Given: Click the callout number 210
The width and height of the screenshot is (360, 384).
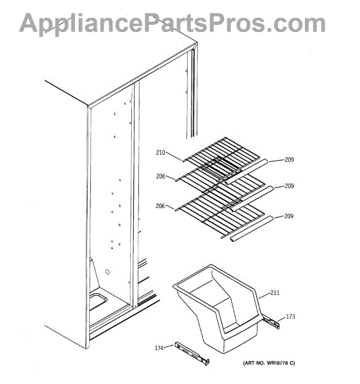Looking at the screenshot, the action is [x=161, y=152].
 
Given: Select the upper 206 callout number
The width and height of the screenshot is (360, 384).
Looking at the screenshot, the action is [x=161, y=176].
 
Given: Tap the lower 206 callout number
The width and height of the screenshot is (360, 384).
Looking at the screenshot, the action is [x=160, y=206].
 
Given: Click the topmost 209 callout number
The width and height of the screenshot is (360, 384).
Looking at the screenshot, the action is [x=289, y=159].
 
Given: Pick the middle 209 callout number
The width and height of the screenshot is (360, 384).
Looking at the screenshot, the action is [x=289, y=186].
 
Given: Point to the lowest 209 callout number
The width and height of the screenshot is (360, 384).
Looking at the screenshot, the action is [x=289, y=216].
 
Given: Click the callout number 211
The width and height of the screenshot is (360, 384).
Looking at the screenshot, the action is [x=275, y=292].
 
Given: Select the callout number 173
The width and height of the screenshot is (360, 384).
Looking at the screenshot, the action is [x=290, y=317].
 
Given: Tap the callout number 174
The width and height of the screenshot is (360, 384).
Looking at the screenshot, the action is [x=159, y=348].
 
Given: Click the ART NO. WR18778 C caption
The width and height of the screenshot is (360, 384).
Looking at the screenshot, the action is [x=269, y=363].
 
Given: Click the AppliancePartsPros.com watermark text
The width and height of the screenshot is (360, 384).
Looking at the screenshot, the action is [x=172, y=24].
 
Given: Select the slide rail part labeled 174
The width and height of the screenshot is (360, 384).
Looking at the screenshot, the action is [x=192, y=354].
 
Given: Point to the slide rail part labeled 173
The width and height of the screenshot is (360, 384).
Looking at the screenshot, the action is [x=272, y=323].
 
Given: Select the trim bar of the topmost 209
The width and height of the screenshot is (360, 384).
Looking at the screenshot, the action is [x=246, y=172].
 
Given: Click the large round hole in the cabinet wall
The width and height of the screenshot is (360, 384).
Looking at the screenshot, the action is [x=107, y=272].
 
